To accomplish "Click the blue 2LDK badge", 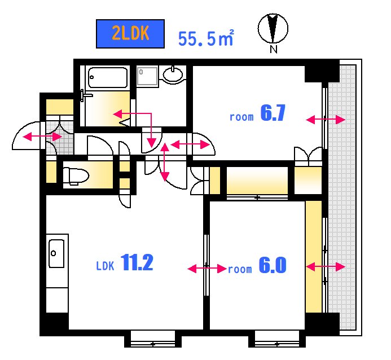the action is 130,34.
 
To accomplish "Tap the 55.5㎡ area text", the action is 206,38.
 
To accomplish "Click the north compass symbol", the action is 273,28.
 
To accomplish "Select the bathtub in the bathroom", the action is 108,77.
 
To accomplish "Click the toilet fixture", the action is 76,175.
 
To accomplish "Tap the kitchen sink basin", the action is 56,253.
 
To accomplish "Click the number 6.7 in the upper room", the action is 273,113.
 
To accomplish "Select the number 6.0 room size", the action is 273,265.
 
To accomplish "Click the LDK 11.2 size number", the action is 137,262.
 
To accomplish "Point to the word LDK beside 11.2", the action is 105,266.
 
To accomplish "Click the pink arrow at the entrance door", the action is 42,137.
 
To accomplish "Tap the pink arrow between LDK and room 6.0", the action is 207,269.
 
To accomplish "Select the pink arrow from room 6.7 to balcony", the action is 326,120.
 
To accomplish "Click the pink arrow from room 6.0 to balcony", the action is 326,267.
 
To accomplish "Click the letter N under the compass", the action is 274,49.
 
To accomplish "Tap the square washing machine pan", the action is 147,76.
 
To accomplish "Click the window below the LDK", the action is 153,339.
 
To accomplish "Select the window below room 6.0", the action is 277,339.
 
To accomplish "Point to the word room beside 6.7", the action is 241,117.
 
